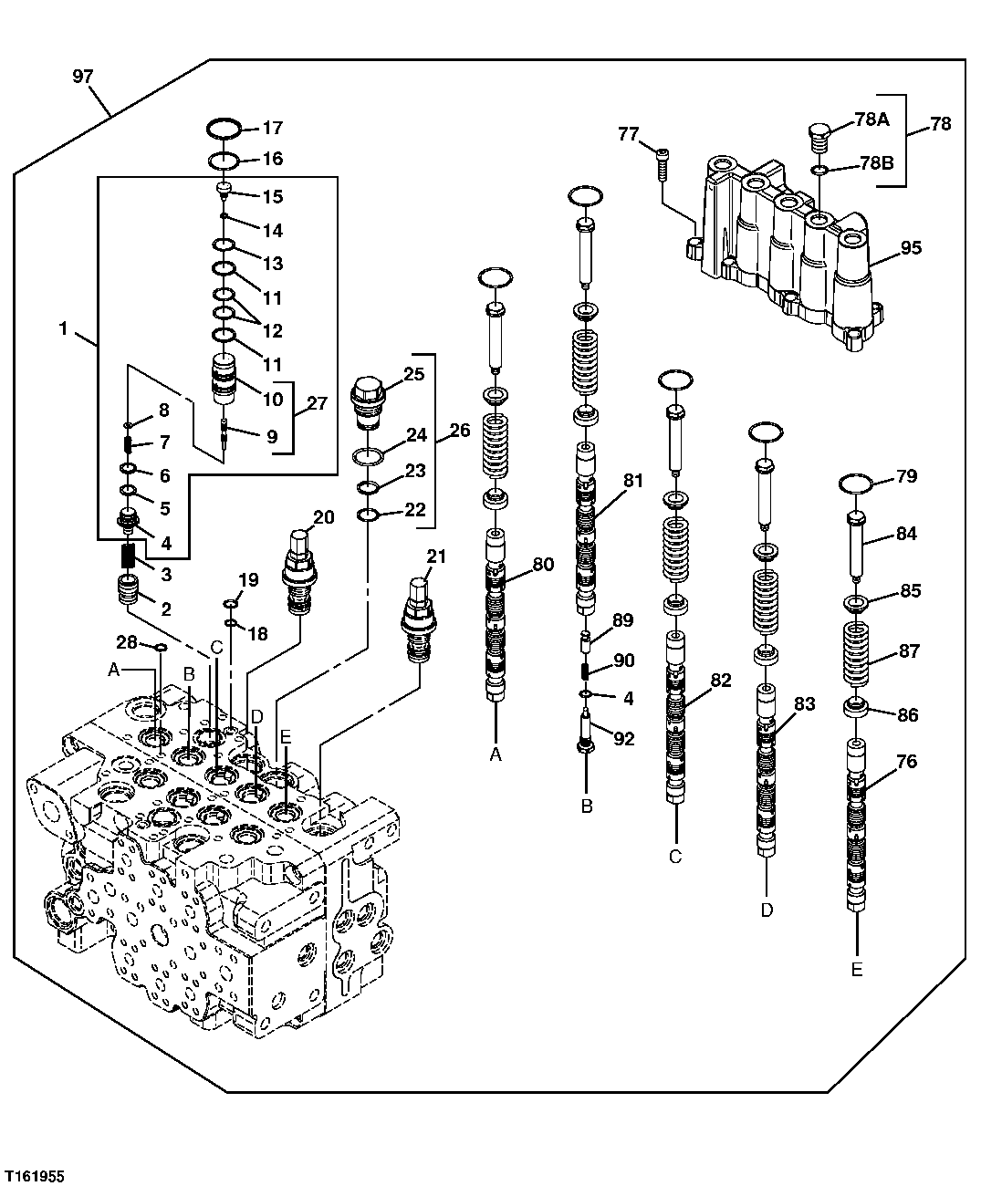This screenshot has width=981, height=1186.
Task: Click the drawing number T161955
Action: (x=36, y=1171)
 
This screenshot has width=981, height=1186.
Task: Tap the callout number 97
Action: (x=82, y=77)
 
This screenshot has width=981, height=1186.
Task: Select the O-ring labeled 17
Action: (x=224, y=127)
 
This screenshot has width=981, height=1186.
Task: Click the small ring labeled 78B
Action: (x=820, y=170)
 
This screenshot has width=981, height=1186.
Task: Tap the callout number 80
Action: (x=542, y=564)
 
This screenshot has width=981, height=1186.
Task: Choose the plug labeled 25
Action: (x=367, y=398)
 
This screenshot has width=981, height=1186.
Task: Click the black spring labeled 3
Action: (x=129, y=553)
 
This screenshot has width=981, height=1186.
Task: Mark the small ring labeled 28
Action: (x=159, y=647)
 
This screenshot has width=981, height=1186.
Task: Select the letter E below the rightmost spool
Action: (x=856, y=970)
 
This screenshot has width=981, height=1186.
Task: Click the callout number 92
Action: (x=623, y=739)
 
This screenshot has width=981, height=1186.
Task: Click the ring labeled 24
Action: (x=367, y=455)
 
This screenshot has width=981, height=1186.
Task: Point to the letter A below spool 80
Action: (x=496, y=754)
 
